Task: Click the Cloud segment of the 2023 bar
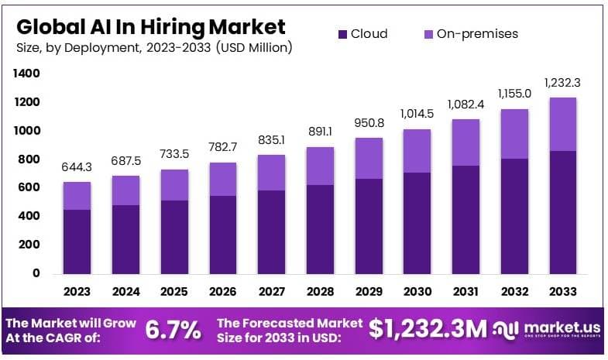(x=77, y=242)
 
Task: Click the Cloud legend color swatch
(x=343, y=34)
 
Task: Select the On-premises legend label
(x=477, y=34)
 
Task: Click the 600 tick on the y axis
(x=29, y=187)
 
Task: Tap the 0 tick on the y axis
(x=35, y=273)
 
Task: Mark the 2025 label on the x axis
(x=175, y=292)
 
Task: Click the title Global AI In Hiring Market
(x=151, y=27)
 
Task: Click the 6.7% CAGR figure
(x=173, y=331)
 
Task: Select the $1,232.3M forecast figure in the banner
(x=428, y=329)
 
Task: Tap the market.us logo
(x=546, y=331)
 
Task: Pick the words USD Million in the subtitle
(x=254, y=48)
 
